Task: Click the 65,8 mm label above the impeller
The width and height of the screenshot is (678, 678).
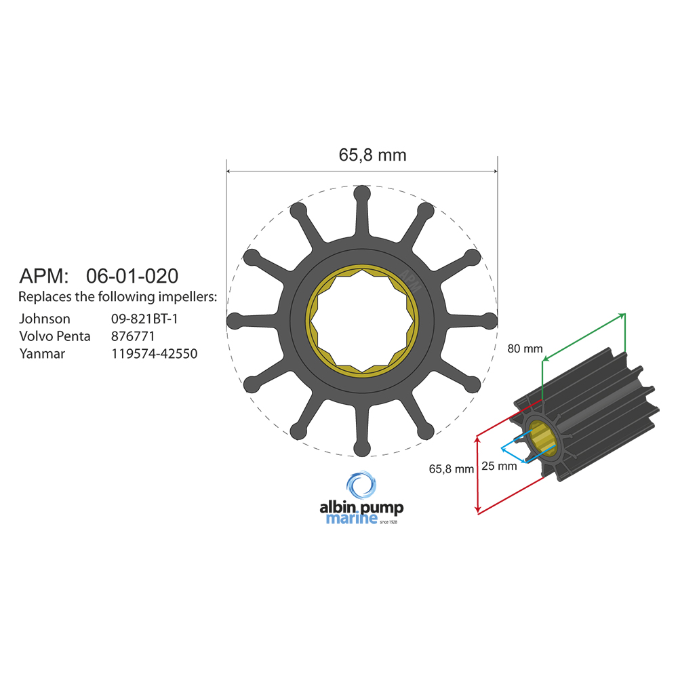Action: coord(372,155)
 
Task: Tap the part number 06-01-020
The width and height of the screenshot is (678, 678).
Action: coord(132,276)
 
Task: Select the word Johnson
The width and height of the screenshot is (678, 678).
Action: coord(44,319)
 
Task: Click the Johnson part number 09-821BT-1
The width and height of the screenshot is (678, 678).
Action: coord(144,319)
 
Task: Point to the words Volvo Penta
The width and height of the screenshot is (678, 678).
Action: coord(54,336)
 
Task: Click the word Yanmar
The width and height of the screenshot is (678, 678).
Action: coord(42,354)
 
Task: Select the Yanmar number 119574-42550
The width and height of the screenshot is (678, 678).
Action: coord(154,354)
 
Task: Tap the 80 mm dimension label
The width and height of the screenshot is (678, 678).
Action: coord(525,348)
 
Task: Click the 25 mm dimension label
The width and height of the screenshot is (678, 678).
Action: coord(498,466)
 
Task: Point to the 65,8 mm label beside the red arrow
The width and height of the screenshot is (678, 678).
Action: coord(451,468)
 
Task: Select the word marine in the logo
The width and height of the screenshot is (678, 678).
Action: coord(352,520)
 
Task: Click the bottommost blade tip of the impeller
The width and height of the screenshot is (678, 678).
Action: coord(363,447)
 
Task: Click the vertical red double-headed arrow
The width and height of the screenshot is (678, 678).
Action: coord(479,475)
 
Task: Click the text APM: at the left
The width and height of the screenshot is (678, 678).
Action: coord(44,276)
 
